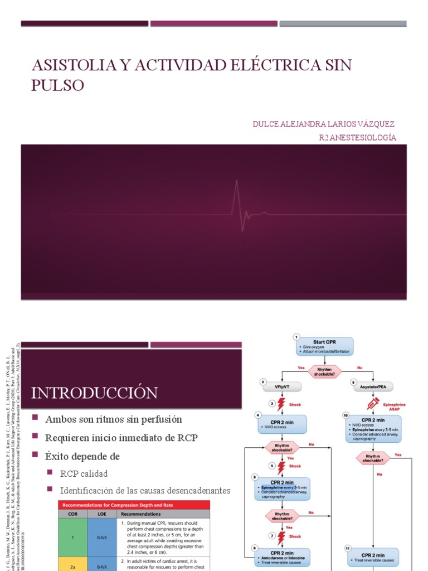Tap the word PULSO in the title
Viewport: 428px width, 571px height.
pos(57,85)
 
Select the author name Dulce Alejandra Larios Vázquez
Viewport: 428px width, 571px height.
pos(324,123)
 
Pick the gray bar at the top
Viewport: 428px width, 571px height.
pos(343,24)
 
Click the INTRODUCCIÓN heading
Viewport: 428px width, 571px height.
pos(94,393)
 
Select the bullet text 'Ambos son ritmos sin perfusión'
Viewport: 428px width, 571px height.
pos(113,419)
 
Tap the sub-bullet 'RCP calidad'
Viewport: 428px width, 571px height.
pos(84,473)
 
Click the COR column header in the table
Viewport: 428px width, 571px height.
pos(72,514)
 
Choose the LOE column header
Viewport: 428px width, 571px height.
pos(102,514)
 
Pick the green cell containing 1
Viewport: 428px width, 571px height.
pos(72,537)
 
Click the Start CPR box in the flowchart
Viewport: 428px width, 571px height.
pos(324,346)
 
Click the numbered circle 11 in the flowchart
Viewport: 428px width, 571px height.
pos(348,548)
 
